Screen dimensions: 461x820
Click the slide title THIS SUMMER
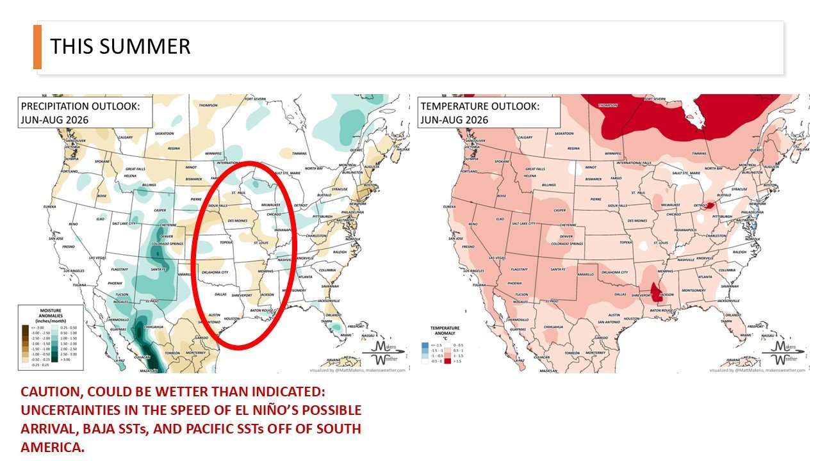pos(120,47)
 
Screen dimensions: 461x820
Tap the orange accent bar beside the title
pos(37,47)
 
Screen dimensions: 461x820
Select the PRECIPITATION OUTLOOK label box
pos(85,112)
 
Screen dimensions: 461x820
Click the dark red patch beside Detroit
pos(709,206)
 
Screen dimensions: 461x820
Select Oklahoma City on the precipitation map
pos(215,272)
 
